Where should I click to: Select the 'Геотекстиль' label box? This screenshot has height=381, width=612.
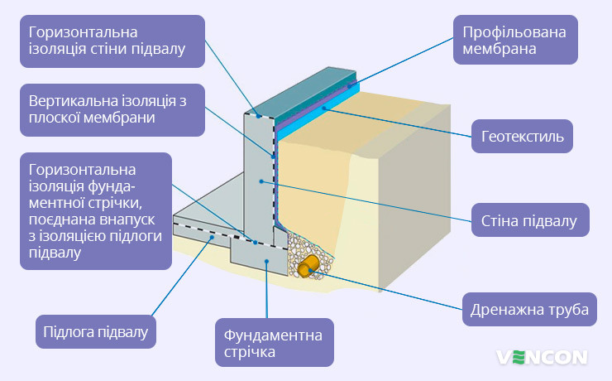[522, 137]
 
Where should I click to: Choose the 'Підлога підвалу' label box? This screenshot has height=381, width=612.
[95, 332]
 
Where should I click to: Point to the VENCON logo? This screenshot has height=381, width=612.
[542, 357]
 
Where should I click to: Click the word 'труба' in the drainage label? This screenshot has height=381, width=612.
[569, 310]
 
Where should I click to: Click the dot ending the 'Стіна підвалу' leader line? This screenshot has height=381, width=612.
[260, 181]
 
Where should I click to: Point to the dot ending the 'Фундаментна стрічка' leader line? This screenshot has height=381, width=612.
[266, 262]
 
